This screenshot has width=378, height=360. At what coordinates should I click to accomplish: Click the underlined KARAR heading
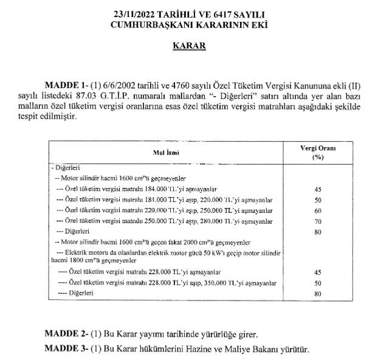click(x=188, y=46)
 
